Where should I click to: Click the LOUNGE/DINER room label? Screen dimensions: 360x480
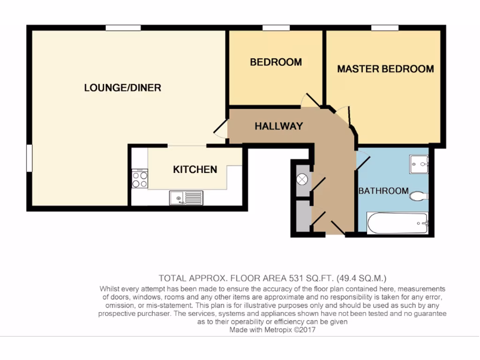(x=122, y=88)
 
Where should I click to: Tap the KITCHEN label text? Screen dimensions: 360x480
(x=195, y=170)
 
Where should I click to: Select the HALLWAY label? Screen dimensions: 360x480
(x=278, y=126)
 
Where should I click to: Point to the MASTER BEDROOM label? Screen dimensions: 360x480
(x=385, y=69)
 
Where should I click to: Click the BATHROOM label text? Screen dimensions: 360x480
(x=383, y=191)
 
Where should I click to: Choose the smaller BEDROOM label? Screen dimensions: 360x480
(x=276, y=62)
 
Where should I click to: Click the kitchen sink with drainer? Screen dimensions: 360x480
(x=186, y=198)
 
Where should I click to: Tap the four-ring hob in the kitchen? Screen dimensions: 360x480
(x=140, y=178)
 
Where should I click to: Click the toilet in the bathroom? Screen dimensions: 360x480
(x=418, y=196)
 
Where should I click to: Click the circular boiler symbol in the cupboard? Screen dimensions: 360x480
(x=302, y=179)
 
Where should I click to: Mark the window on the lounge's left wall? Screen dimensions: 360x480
(x=29, y=158)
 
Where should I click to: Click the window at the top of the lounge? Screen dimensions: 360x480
(x=123, y=28)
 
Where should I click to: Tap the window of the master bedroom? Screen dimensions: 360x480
(x=385, y=28)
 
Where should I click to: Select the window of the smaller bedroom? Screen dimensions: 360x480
(x=276, y=28)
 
